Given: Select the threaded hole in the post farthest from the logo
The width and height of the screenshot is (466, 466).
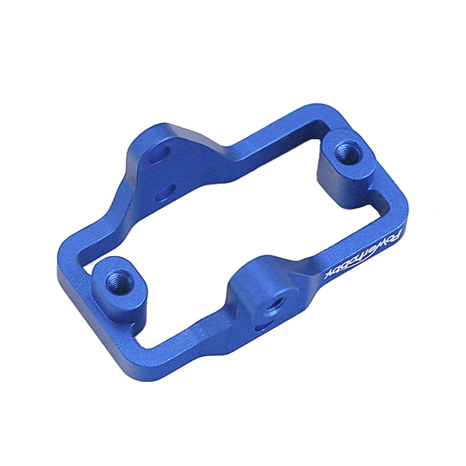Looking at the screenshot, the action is click(120, 281).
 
